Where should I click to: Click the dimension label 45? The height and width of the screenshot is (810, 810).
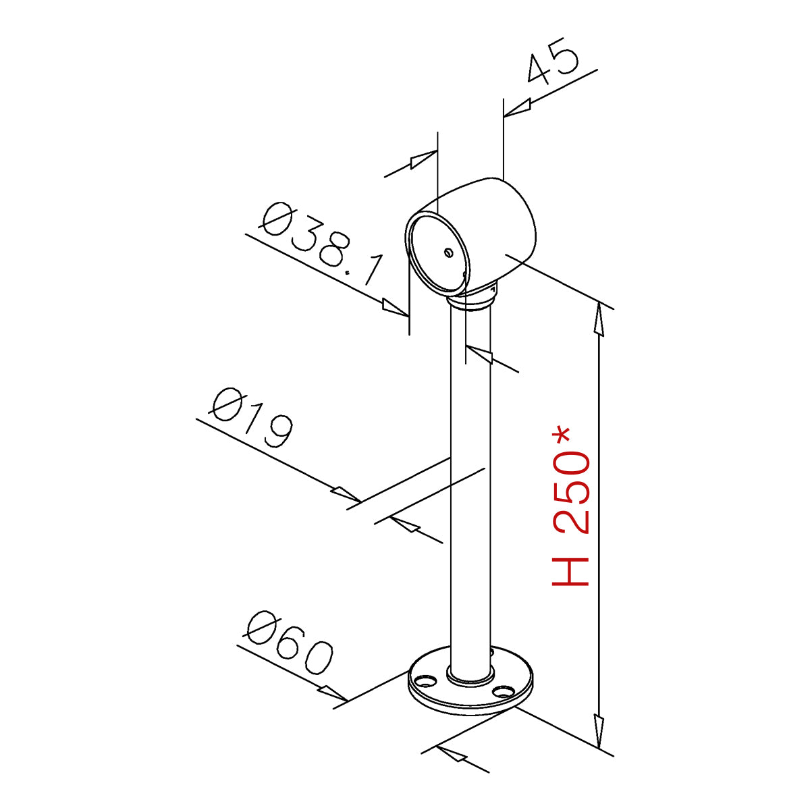coord(552,63)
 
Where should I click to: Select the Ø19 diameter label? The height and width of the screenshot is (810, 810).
coord(251,417)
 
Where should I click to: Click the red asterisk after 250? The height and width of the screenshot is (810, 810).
coord(562,437)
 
